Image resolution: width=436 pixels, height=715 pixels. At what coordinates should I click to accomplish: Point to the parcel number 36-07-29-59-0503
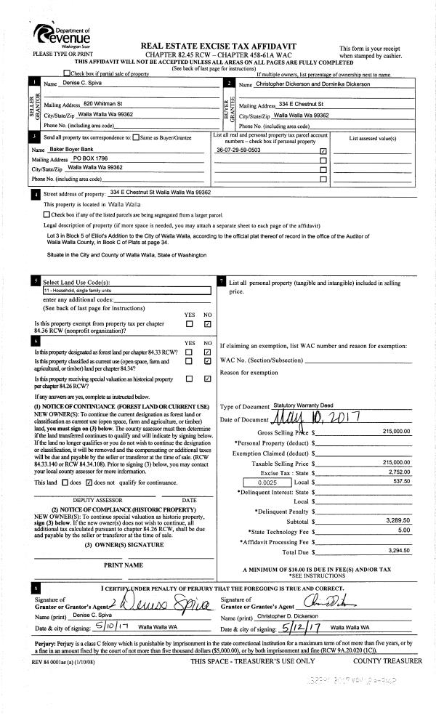pos(238,150)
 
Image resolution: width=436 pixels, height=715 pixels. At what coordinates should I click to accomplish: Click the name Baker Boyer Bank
pos(78,148)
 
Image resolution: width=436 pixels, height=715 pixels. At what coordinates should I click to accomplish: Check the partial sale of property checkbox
pos(68,73)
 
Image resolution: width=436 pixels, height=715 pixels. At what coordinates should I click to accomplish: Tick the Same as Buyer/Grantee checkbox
pos(136,137)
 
